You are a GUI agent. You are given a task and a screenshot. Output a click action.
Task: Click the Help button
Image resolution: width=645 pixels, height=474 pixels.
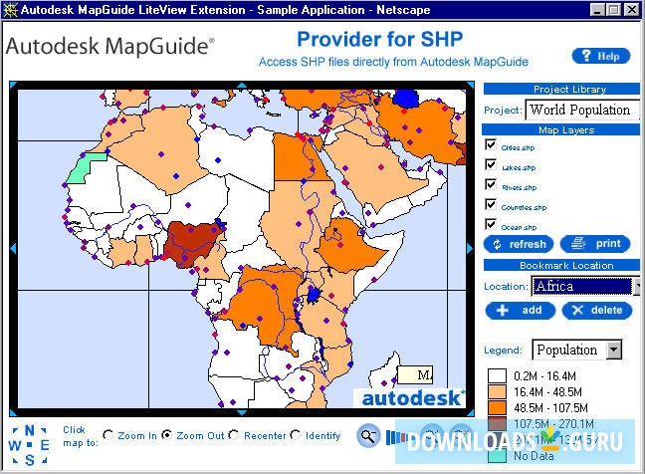pyautogui.click(x=600, y=56)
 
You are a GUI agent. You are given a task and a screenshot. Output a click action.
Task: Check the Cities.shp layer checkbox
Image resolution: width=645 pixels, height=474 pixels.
pyautogui.click(x=491, y=145)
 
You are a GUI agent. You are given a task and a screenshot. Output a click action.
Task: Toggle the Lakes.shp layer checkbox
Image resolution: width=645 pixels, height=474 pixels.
pyautogui.click(x=491, y=165)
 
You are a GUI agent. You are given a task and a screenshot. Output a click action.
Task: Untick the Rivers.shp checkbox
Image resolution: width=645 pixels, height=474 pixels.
pyautogui.click(x=491, y=185)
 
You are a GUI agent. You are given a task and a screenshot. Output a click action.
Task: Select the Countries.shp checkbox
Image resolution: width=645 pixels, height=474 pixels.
pyautogui.click(x=491, y=205)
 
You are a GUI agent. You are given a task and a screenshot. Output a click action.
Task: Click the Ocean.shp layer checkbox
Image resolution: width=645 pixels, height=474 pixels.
pyautogui.click(x=491, y=225)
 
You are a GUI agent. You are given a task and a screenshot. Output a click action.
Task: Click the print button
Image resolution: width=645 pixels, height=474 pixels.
pyautogui.click(x=594, y=244)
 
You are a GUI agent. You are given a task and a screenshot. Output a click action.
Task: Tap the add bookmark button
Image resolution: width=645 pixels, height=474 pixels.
pyautogui.click(x=520, y=310)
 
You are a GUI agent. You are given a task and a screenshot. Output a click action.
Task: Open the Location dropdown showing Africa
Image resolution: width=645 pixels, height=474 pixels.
pyautogui.click(x=634, y=287)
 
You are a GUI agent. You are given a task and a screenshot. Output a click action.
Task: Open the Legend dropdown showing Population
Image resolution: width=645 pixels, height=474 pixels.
pyautogui.click(x=613, y=350)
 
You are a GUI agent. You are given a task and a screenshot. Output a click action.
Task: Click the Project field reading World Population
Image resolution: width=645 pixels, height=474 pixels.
pyautogui.click(x=580, y=110)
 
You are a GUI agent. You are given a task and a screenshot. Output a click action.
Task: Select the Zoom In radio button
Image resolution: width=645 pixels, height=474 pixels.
pyautogui.click(x=109, y=435)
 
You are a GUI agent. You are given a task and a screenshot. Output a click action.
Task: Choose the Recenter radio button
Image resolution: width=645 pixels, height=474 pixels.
pyautogui.click(x=234, y=435)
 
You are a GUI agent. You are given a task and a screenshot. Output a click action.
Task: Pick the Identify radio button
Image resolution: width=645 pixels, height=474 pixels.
pyautogui.click(x=296, y=435)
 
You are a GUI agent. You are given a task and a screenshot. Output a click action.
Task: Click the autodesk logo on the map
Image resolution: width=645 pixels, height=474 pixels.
pyautogui.click(x=410, y=397)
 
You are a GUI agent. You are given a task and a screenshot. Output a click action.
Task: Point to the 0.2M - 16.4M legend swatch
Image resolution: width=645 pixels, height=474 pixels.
pyautogui.click(x=497, y=376)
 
